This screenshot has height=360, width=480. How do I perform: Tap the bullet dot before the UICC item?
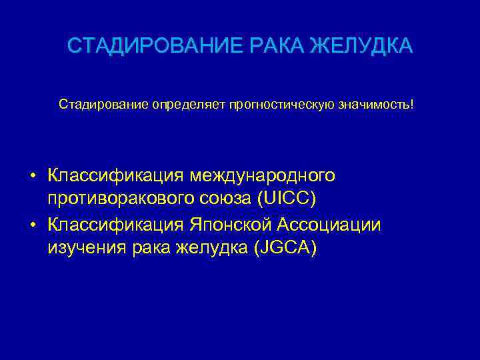coord(33,177)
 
